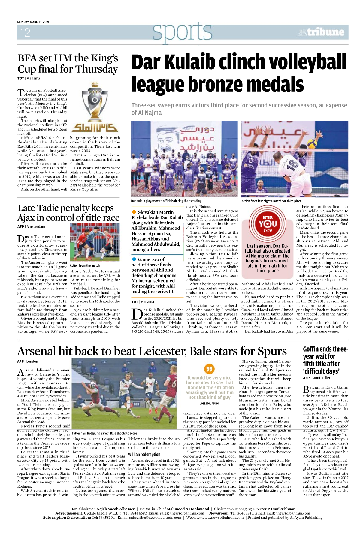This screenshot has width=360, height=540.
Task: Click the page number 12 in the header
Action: tap(25, 32)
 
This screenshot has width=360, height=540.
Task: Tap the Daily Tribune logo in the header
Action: tap(321, 32)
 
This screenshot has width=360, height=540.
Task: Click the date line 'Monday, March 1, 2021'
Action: tap(33, 22)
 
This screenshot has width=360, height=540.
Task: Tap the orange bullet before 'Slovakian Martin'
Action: tap(134, 212)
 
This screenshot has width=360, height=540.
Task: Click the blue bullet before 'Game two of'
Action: tap(134, 259)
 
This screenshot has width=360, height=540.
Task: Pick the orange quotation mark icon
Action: tap(209, 369)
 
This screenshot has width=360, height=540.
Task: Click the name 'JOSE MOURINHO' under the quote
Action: tap(209, 403)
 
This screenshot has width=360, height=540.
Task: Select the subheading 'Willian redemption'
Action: tap(144, 454)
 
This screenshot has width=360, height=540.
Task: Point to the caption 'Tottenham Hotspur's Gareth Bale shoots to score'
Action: tap(104, 433)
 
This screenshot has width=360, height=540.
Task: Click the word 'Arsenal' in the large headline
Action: tap(36, 351)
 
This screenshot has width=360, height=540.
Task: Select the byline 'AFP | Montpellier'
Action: tap(316, 378)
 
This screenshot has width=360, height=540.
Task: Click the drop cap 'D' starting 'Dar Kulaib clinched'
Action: tap(137, 314)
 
